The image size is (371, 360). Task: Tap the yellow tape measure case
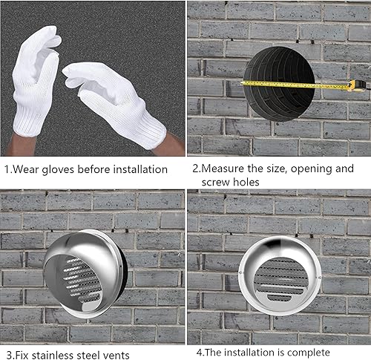pyautogui.click(x=357, y=85)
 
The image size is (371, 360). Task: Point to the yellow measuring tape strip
pyautogui.click(x=297, y=85)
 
